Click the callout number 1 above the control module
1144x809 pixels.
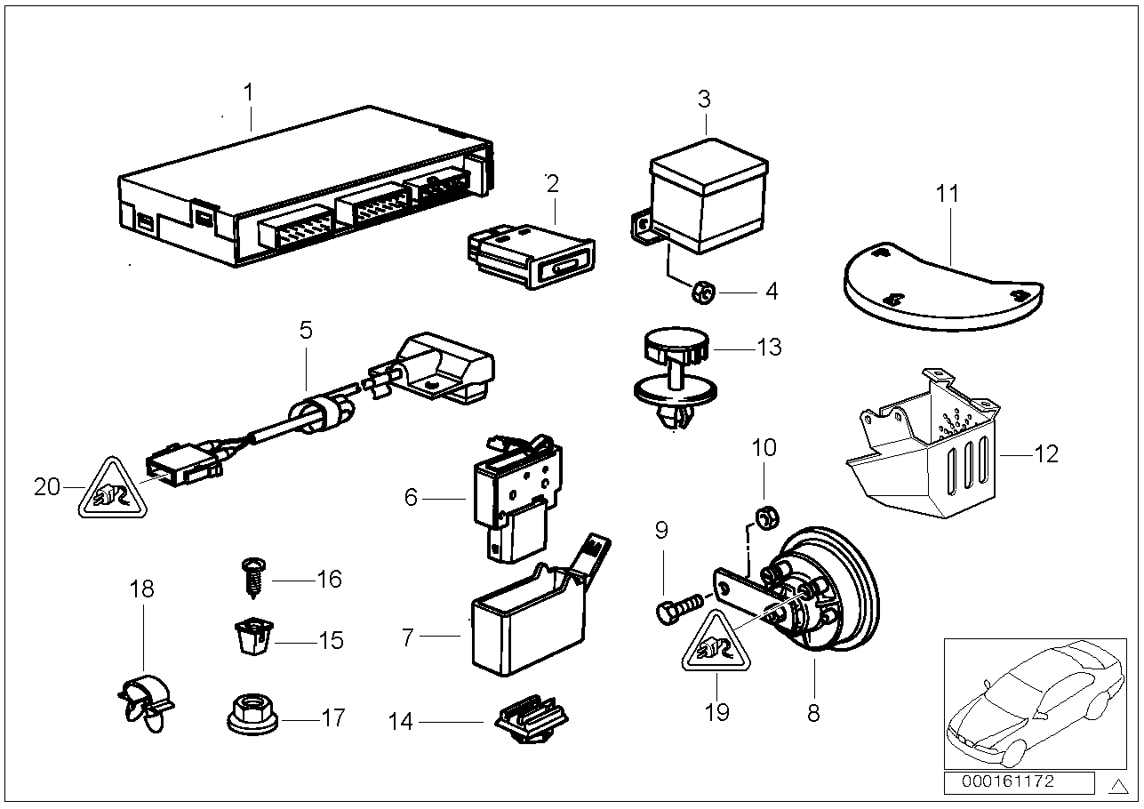[249, 92]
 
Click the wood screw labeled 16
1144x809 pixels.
[252, 578]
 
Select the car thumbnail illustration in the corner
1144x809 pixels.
[1034, 702]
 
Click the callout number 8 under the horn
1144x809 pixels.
[813, 712]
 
